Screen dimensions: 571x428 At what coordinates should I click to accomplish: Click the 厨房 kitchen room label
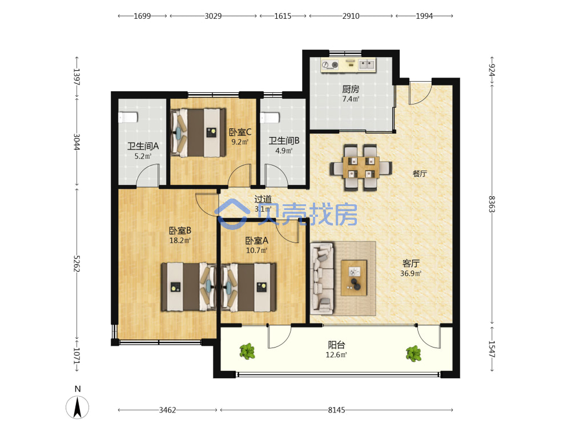tap(351, 89)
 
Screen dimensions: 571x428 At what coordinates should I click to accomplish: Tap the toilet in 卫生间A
tap(128, 118)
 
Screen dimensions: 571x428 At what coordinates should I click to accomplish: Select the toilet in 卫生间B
tap(270, 118)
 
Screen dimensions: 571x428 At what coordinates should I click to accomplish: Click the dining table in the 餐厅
tap(361, 167)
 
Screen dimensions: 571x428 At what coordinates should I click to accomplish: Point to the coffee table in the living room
tap(354, 278)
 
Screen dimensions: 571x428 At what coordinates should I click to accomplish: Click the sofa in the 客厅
tap(322, 278)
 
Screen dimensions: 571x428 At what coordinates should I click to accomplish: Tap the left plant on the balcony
tap(247, 351)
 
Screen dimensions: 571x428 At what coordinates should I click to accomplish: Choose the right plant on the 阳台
tap(413, 353)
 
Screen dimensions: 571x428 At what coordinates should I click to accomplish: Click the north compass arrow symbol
tap(77, 407)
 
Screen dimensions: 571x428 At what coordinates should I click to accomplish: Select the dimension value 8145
tap(336, 410)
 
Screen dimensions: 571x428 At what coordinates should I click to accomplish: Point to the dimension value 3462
tap(167, 410)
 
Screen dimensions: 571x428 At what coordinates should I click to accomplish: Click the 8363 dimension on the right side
tap(492, 204)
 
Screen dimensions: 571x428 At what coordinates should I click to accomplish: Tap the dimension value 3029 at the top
tap(213, 16)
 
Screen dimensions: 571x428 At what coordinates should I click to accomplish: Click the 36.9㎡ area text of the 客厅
tap(411, 273)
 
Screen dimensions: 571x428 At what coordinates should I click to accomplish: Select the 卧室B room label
tap(180, 231)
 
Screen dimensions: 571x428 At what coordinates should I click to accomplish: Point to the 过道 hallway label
tap(263, 199)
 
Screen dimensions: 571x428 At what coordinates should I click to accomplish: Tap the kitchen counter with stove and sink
tap(348, 65)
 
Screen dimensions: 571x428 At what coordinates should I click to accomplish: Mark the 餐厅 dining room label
tap(420, 173)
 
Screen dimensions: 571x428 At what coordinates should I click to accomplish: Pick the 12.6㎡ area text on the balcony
tap(336, 355)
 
